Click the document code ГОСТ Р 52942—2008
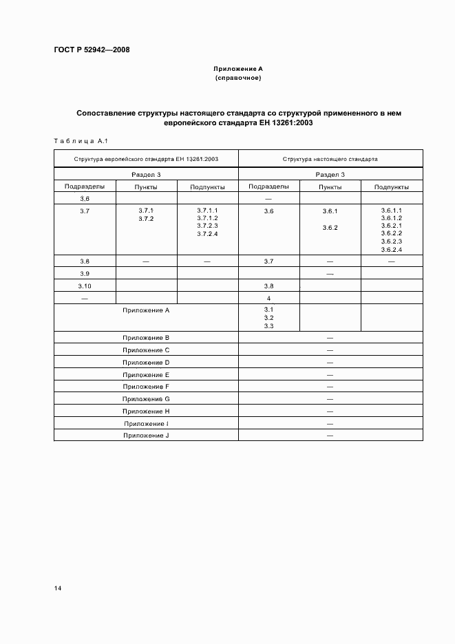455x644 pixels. tap(92, 50)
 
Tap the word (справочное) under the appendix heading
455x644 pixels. tap(238, 78)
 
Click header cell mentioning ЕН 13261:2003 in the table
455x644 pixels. tap(146, 159)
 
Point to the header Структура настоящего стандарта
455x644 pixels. tap(330, 159)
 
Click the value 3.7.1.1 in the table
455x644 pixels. tap(207, 210)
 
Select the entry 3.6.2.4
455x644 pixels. tap(391, 249)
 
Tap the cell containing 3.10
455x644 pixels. tap(85, 286)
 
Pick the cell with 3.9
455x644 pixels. tap(85, 273)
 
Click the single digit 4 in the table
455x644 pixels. tap(268, 298)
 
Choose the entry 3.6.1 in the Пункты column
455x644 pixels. tap(330, 212)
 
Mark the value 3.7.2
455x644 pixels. tap(146, 218)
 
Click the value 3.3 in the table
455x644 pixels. tap(268, 326)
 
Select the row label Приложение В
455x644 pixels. tap(146, 338)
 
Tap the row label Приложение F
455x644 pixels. tap(146, 387)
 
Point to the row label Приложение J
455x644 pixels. tap(146, 436)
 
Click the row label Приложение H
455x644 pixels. tap(146, 411)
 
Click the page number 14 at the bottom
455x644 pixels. tap(58, 588)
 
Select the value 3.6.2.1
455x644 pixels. tap(391, 226)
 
